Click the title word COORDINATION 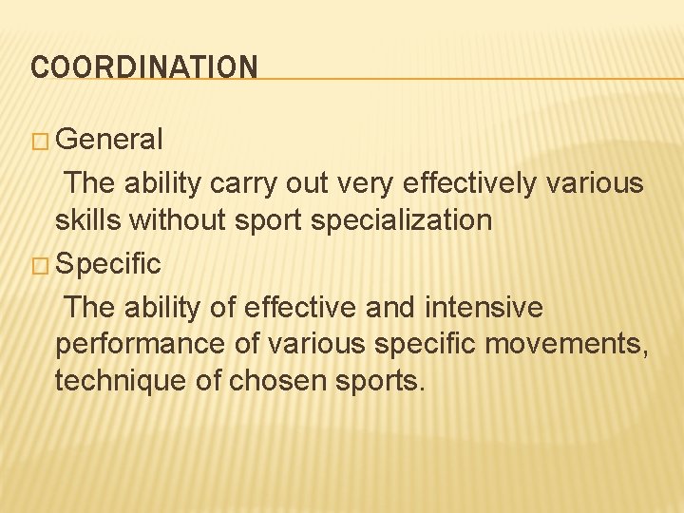144,66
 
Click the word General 109,140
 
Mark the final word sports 383,382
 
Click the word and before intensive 390,307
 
